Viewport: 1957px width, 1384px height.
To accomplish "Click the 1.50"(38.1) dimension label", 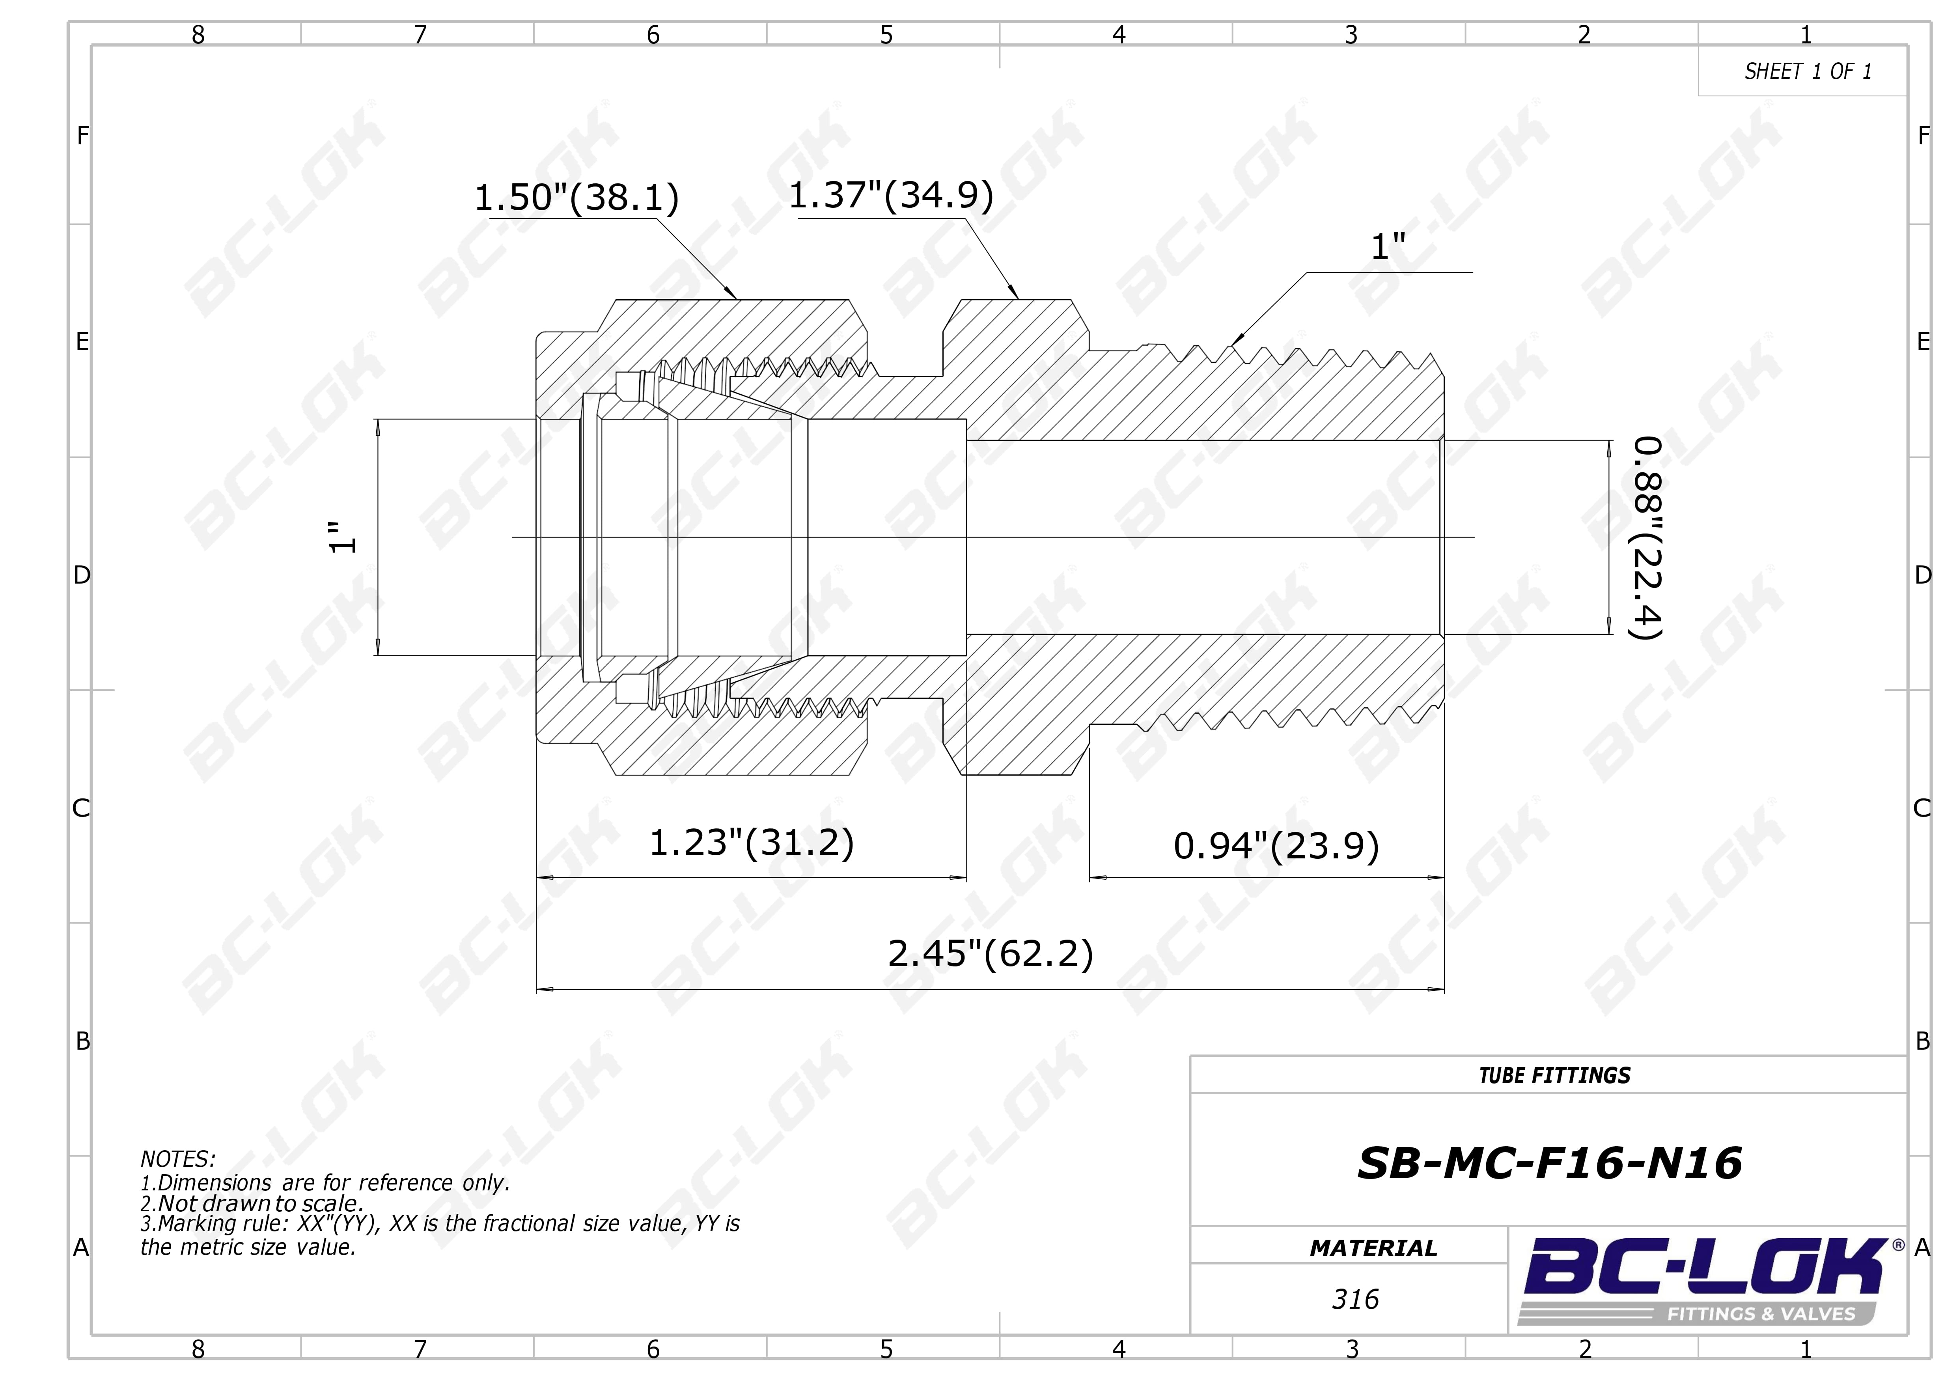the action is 576,198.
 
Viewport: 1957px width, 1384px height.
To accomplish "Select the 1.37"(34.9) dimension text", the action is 891,195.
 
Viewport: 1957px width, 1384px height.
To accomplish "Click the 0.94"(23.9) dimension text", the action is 1276,846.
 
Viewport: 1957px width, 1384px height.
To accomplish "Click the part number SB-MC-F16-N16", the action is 1550,1163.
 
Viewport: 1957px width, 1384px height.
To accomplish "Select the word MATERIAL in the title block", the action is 1373,1248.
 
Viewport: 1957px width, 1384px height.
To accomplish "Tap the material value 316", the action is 1355,1300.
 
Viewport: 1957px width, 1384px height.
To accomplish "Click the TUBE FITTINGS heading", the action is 1555,1076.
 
